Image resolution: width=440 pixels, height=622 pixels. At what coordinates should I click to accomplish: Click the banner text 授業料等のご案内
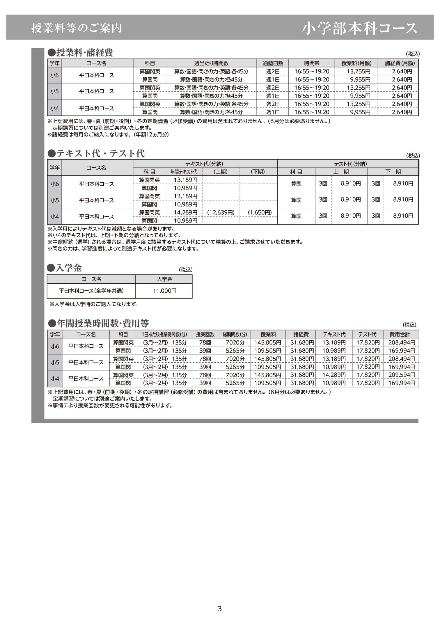[77, 28]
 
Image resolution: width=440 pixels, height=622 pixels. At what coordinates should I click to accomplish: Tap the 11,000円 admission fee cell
[165, 291]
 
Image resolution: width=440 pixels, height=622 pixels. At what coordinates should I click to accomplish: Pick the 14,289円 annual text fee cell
[185, 212]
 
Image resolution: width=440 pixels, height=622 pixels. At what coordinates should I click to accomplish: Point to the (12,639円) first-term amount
[221, 212]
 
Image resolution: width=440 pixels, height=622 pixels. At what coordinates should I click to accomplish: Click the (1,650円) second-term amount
[260, 212]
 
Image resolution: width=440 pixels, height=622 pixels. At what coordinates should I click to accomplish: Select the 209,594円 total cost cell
[402, 375]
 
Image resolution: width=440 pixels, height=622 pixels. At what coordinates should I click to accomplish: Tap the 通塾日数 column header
[273, 63]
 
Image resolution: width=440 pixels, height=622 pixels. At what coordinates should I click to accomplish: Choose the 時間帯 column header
[312, 63]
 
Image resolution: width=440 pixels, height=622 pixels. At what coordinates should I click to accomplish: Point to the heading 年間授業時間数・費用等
[103, 323]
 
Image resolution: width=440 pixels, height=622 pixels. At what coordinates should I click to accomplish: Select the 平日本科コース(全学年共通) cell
[91, 291]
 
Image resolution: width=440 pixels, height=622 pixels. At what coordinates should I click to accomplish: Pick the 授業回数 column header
[205, 334]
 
